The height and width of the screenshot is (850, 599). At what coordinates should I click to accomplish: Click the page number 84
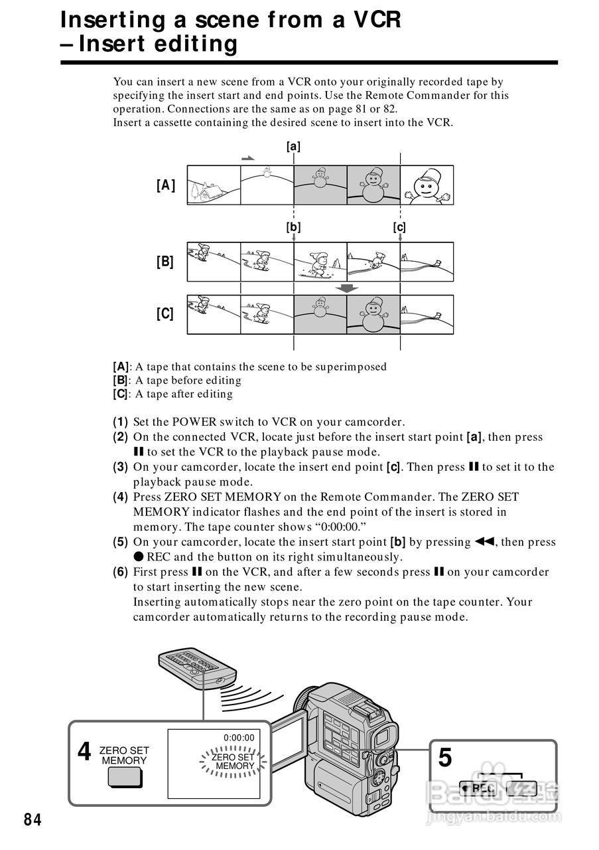[33, 821]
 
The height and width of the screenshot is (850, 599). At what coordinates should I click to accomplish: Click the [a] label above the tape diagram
[293, 146]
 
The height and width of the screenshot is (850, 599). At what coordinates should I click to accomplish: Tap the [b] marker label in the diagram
[293, 227]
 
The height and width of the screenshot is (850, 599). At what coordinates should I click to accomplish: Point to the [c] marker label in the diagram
[399, 227]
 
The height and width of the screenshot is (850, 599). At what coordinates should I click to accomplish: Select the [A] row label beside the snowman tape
[166, 185]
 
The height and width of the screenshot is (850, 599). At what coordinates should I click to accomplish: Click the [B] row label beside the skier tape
[165, 262]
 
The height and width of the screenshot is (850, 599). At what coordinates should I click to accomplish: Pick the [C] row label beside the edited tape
[165, 313]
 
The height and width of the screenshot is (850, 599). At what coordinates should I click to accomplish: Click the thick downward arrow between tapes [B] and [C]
[347, 288]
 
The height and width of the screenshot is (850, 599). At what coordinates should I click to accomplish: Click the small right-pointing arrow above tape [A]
[247, 159]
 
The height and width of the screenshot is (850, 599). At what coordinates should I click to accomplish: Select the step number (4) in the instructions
[120, 497]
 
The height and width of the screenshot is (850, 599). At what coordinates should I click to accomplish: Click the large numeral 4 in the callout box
[84, 752]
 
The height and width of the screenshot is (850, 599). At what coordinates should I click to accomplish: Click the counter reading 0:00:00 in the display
[239, 737]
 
